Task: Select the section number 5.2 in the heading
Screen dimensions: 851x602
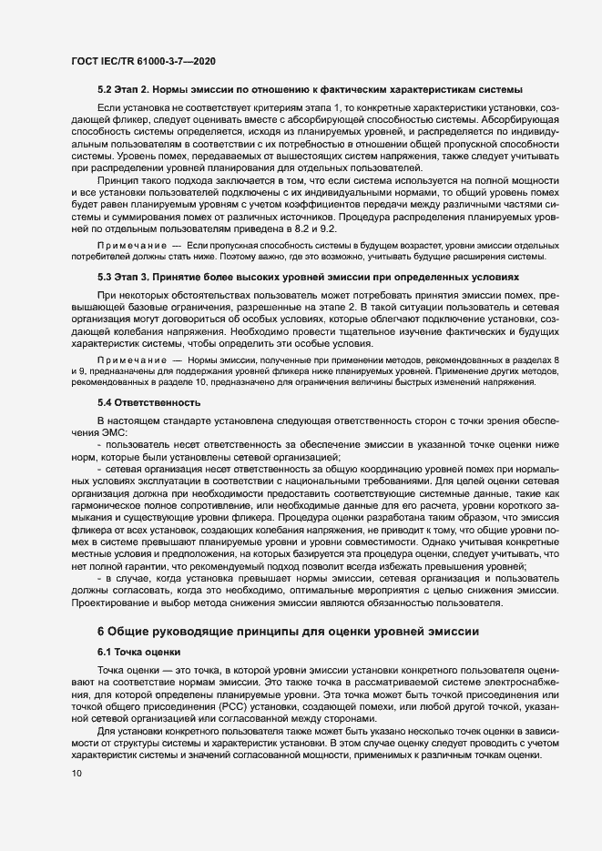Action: click(104, 90)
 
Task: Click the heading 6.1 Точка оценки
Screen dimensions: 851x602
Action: click(139, 653)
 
